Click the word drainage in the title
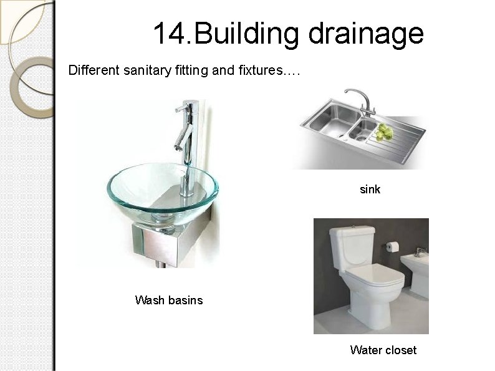(x=365, y=34)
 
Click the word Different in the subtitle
(x=92, y=70)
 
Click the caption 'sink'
(x=370, y=189)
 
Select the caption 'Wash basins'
(x=168, y=301)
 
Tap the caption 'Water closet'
(x=383, y=350)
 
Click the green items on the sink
(x=385, y=131)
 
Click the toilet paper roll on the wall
(x=391, y=247)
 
